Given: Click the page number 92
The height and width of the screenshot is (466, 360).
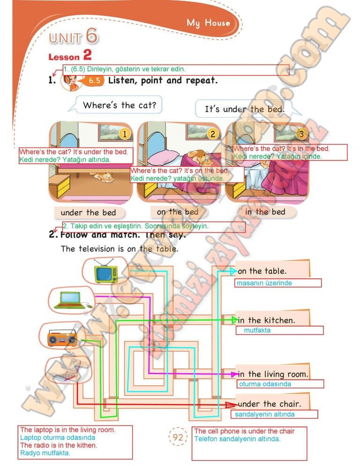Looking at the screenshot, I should [178, 438].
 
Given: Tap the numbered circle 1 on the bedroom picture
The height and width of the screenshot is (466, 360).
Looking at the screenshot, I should [124, 134].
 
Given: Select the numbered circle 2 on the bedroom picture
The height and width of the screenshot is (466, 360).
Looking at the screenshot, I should [212, 134].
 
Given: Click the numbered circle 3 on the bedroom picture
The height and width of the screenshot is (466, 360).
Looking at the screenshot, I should [301, 134].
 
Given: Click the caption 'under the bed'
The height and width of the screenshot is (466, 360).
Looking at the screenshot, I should [88, 213].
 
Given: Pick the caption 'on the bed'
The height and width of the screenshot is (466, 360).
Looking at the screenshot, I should [177, 212].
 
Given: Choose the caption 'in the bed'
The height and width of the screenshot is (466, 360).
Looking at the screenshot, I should [265, 212].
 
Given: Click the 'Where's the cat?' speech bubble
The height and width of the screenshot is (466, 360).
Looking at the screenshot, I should [119, 105].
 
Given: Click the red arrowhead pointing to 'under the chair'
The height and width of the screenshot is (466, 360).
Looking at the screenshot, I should [231, 405].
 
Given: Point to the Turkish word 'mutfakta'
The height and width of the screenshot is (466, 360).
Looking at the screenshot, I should [257, 330].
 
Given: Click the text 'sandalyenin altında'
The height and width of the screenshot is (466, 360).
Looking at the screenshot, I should [265, 414].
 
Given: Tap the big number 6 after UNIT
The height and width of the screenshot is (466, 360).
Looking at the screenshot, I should [92, 36].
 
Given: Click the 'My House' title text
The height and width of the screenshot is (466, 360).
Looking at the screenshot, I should [208, 23].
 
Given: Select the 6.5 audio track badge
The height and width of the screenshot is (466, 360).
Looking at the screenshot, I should [95, 81].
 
